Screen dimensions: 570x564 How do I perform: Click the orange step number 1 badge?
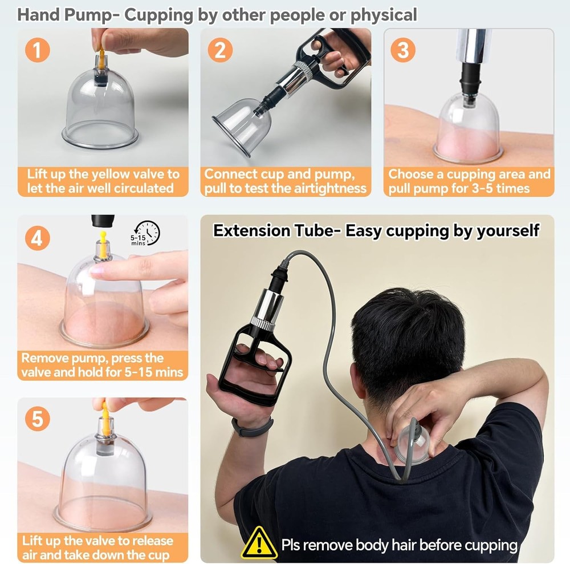(38, 50)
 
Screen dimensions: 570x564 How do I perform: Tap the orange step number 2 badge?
(220, 50)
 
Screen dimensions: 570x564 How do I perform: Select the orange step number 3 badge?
(403, 50)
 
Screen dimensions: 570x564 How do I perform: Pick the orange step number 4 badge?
(38, 238)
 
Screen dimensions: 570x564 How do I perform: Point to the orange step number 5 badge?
(38, 419)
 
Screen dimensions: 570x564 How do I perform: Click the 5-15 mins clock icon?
(146, 233)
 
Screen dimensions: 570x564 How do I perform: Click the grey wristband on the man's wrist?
(253, 427)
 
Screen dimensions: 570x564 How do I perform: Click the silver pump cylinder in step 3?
(474, 46)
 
